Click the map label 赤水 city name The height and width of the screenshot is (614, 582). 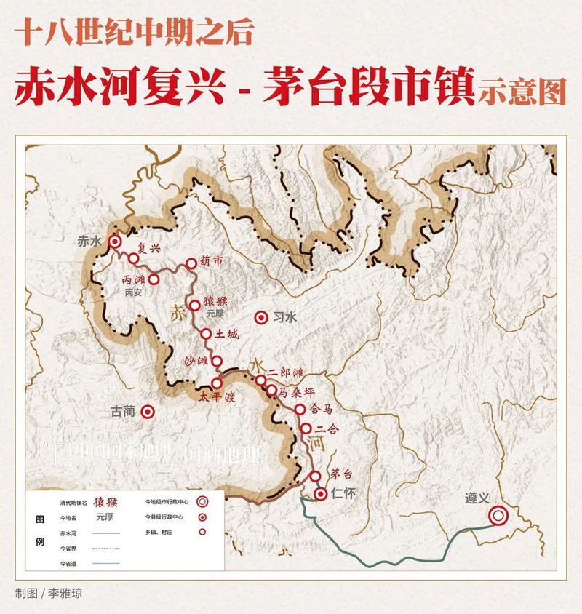[89, 242]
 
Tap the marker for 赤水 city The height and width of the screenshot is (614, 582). [114, 242]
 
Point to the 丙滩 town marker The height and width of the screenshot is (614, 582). [154, 279]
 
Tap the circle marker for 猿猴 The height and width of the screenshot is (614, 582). [195, 305]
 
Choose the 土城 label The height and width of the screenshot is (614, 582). [228, 335]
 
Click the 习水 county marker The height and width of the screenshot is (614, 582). [260, 317]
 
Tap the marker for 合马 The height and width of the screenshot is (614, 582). [300, 410]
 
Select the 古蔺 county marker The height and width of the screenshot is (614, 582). [148, 412]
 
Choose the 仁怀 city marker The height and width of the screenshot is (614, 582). [322, 494]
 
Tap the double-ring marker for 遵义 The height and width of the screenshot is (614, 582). [498, 516]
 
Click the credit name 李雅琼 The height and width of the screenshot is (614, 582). [65, 592]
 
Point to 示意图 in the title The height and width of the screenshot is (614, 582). [522, 92]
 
